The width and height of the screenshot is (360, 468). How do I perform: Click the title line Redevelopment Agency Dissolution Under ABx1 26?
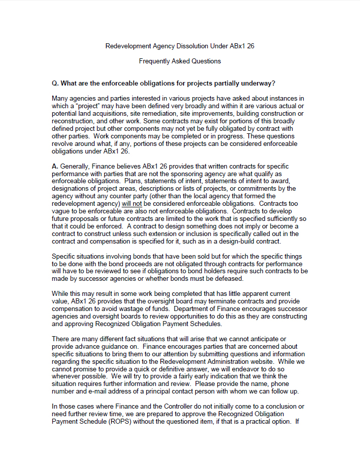pos(180,46)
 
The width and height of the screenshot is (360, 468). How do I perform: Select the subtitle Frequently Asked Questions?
pos(180,61)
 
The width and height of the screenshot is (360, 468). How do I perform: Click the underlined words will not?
pos(133,204)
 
